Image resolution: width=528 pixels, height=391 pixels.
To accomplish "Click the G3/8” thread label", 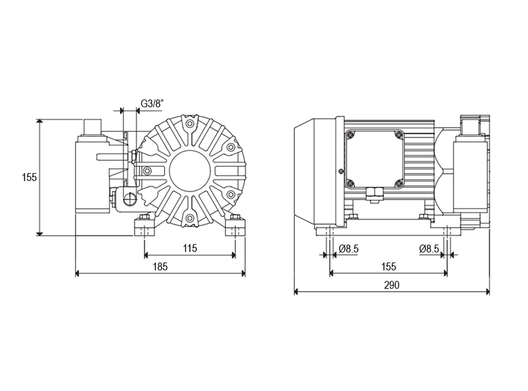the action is (x=153, y=104).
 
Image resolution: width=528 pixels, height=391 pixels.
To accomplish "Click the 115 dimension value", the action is (x=190, y=248).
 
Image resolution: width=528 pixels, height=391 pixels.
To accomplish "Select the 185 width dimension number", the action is (x=160, y=267).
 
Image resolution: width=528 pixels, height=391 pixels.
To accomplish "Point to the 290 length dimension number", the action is (x=392, y=285).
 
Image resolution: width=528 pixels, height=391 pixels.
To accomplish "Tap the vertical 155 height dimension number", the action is (x=29, y=178).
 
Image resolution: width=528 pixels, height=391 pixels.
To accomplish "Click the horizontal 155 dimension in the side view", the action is (x=389, y=267).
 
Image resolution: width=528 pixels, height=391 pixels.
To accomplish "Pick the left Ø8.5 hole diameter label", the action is (x=348, y=249).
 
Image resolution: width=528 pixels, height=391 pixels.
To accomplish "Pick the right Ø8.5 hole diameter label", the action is (x=429, y=249).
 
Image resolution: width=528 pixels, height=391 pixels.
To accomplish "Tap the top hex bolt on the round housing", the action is (x=190, y=124).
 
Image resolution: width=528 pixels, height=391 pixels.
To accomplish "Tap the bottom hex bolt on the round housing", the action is (x=190, y=218).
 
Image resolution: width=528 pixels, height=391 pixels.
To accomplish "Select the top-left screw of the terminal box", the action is (x=350, y=135).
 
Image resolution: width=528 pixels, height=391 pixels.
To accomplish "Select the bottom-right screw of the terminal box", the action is (x=399, y=183).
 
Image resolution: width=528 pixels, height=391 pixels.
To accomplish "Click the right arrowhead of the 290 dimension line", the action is (x=488, y=292).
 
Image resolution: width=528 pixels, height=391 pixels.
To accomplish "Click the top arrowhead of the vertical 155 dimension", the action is (x=40, y=121).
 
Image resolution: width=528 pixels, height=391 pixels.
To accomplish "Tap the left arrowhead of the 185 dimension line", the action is (x=77, y=274).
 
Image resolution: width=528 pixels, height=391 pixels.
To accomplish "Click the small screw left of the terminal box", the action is (x=341, y=171).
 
